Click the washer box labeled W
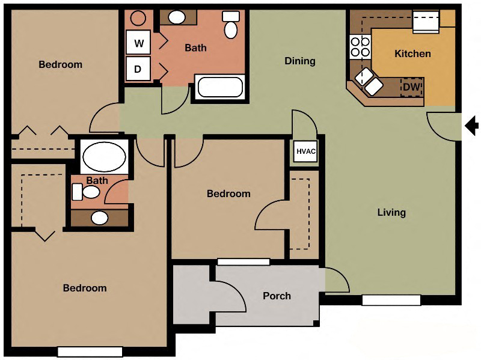tap(139, 43)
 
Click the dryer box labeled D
tap(138, 69)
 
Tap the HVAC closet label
tap(305, 151)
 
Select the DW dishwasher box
tap(412, 87)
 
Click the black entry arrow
tap(473, 126)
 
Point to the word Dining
tap(299, 61)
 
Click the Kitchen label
tap(412, 53)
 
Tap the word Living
tap(391, 212)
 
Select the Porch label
tap(277, 296)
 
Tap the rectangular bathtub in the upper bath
tap(220, 88)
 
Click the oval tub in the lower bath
tap(103, 157)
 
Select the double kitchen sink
tap(367, 82)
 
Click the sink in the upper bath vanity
tap(177, 17)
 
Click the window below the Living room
tap(391, 299)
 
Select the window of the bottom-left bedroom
tap(90, 352)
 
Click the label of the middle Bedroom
tap(228, 194)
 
